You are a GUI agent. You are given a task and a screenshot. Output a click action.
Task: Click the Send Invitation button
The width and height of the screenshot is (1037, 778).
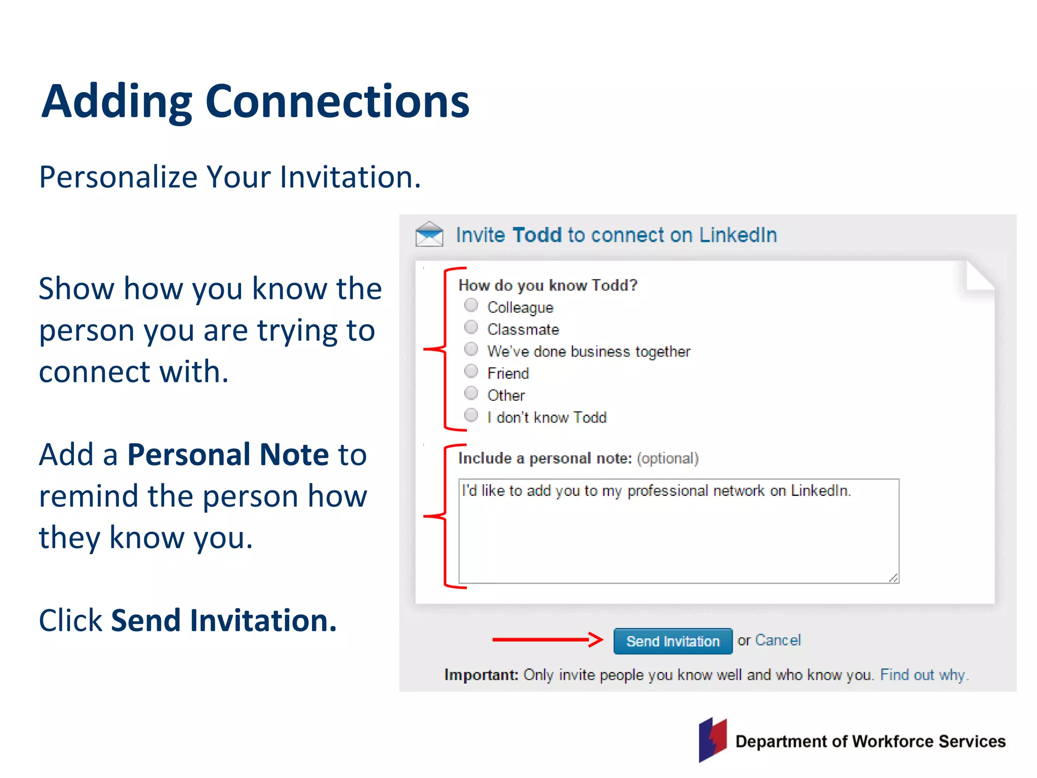[672, 641]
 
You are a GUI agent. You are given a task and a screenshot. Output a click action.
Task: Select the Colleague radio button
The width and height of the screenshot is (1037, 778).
[471, 305]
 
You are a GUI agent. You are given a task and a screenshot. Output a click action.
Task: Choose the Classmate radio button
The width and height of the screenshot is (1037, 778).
[471, 327]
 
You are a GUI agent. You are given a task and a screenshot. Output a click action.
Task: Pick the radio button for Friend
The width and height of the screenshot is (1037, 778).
[471, 371]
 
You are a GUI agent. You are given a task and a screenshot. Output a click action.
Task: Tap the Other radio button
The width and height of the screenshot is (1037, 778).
[471, 393]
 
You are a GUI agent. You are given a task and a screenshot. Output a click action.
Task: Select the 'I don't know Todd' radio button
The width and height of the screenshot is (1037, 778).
[471, 415]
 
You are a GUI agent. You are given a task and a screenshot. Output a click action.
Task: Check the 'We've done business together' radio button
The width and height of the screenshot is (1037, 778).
[471, 349]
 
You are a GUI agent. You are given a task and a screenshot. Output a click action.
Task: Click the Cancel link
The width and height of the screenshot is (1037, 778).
[778, 640]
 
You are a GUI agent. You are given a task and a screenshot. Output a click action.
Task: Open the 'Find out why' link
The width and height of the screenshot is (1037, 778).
[924, 675]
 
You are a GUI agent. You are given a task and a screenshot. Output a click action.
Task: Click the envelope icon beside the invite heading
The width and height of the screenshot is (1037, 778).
[429, 234]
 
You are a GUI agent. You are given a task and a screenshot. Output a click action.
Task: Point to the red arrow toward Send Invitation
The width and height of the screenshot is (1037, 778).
[547, 640]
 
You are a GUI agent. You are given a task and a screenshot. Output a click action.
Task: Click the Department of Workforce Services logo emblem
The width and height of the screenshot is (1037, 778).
[713, 740]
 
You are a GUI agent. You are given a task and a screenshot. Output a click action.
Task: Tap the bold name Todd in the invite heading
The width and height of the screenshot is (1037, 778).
[537, 235]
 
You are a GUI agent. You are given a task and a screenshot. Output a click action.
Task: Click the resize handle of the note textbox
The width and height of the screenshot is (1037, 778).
[893, 578]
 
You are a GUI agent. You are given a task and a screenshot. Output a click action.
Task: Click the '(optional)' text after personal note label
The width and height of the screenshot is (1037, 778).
[667, 458]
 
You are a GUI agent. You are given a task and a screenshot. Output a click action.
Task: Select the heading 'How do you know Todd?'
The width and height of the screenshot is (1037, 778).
[547, 285]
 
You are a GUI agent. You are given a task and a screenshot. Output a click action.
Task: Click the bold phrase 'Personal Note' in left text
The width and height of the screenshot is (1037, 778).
[228, 454]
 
